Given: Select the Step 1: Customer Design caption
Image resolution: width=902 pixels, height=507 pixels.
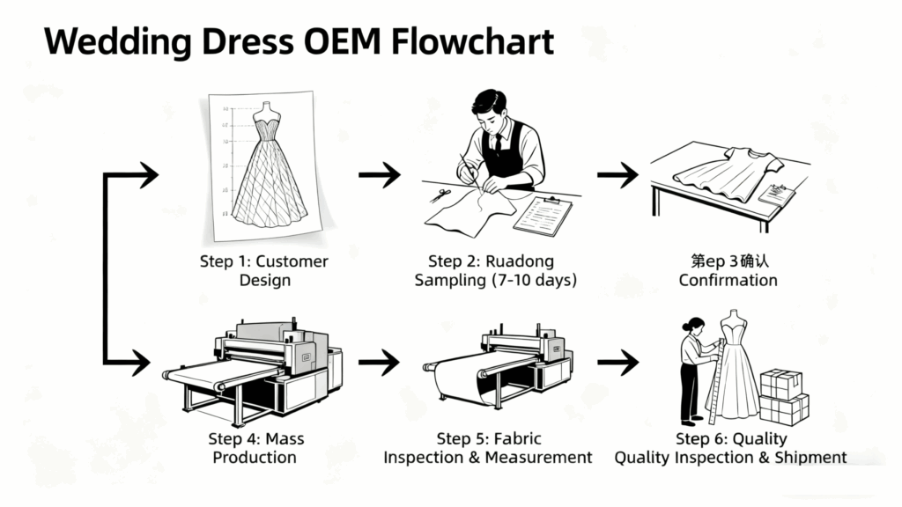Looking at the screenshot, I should (x=264, y=270).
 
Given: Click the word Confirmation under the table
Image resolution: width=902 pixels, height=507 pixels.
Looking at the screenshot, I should (x=728, y=280).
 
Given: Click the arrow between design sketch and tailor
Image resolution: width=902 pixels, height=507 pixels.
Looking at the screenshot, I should (x=380, y=174).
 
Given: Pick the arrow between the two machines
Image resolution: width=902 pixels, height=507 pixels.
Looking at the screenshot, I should (x=380, y=360).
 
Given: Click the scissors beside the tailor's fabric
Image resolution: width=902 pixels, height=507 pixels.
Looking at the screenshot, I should (x=440, y=195).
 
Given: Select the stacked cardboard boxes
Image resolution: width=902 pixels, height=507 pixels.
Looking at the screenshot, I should (x=783, y=396).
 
